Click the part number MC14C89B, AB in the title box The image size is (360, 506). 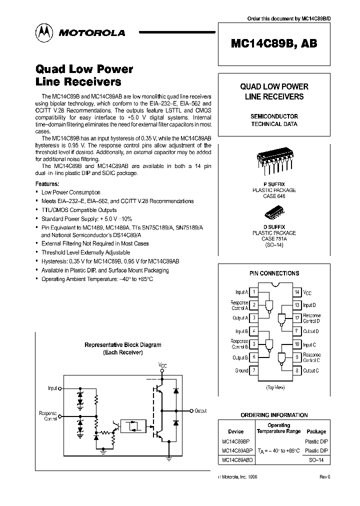coord(274,43)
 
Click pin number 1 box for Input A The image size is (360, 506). coord(254,292)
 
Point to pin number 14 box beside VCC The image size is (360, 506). coord(296,292)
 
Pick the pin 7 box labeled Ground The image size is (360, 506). coord(254,370)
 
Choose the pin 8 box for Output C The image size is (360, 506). coord(296,370)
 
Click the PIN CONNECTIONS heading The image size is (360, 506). coord(274,273)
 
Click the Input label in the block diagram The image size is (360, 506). coord(52,387)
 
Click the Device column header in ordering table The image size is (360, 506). coord(236,431)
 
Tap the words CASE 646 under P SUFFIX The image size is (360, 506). coord(273,196)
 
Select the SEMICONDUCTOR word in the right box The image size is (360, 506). coord(274,116)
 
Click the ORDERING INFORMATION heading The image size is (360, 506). coord(274,415)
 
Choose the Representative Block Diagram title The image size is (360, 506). coord(123,345)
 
